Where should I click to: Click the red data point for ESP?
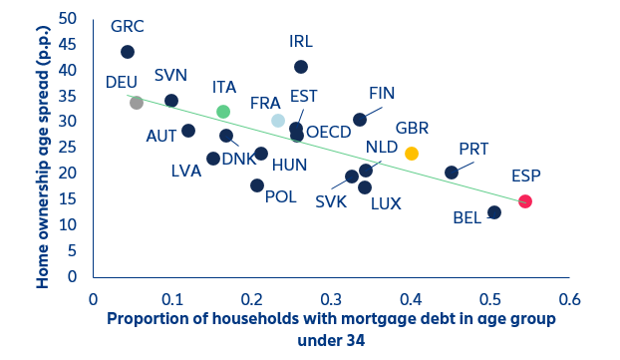pyautogui.click(x=525, y=201)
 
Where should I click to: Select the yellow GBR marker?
pyautogui.click(x=412, y=154)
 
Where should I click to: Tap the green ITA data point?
pyautogui.click(x=223, y=112)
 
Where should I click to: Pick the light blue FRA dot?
pyautogui.click(x=278, y=121)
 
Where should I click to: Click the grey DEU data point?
pyautogui.click(x=137, y=103)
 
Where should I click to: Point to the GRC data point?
pyautogui.click(x=127, y=52)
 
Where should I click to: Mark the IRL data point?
pyautogui.click(x=301, y=67)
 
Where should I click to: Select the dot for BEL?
pyautogui.click(x=494, y=212)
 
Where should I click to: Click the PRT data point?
pyautogui.click(x=452, y=173)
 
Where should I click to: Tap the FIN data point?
pyautogui.click(x=360, y=120)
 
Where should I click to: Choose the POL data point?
pyautogui.click(x=257, y=185)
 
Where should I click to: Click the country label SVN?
pyautogui.click(x=170, y=77)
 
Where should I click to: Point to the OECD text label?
pyautogui.click(x=328, y=132)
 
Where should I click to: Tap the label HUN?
pyautogui.click(x=289, y=165)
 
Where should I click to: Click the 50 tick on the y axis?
pyautogui.click(x=70, y=19)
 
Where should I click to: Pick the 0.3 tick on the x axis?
pyautogui.click(x=331, y=298)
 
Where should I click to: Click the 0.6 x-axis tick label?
pyautogui.click(x=569, y=298)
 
